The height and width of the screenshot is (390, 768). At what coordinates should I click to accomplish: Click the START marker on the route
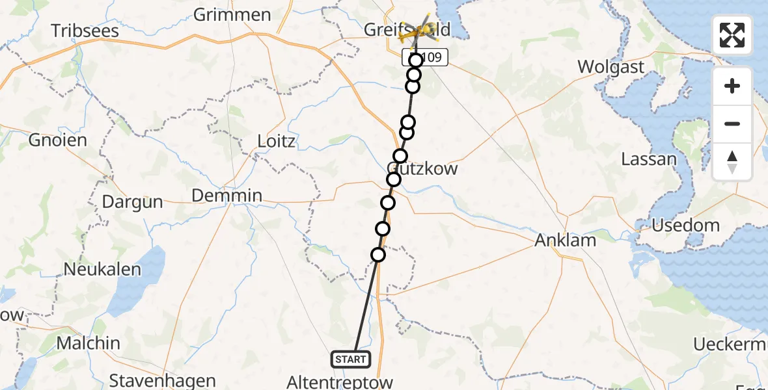coord(351,359)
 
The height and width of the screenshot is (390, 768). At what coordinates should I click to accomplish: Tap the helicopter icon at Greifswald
coord(418,30)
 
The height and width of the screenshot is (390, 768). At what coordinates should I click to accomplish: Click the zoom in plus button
coord(732,86)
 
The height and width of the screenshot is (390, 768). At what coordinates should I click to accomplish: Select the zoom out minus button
coord(732,124)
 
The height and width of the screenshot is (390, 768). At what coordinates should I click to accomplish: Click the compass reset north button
coord(732,162)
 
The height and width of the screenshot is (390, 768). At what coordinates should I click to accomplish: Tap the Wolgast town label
coord(612,67)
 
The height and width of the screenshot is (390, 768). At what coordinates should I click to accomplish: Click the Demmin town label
coord(227,196)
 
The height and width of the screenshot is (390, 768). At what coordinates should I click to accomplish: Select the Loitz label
coord(276,141)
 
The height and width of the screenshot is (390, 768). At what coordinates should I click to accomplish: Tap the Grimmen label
coord(232,15)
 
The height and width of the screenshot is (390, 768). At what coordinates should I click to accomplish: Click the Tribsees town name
coord(85,31)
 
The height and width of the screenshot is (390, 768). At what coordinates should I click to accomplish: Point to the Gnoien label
coord(58,140)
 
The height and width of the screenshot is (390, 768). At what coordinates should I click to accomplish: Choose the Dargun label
coord(132,202)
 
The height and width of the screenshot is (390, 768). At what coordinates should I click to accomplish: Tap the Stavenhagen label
coord(154,380)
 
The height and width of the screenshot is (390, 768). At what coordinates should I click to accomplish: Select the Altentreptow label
coord(340,382)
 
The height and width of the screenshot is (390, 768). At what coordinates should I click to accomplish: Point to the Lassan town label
coord(648,159)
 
